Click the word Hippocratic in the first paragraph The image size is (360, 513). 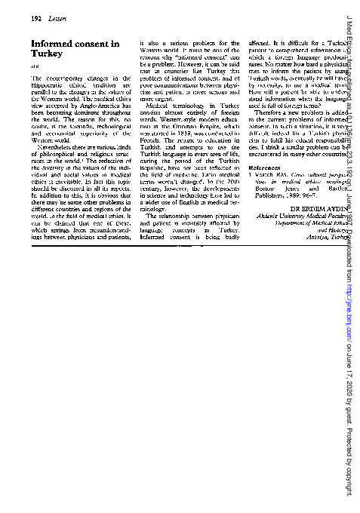point(48,84)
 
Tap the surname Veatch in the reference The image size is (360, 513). point(268,174)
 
